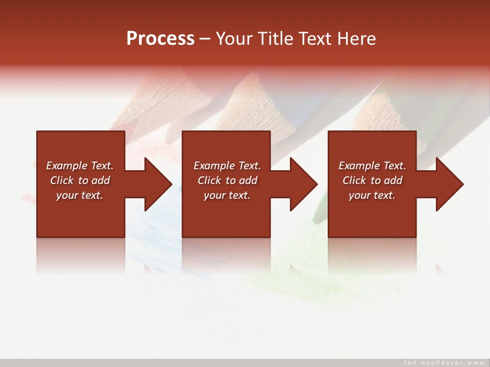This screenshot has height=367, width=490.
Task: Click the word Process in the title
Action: [160, 39]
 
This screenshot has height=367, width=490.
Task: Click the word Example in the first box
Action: [67, 166]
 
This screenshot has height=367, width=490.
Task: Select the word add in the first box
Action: [101, 180]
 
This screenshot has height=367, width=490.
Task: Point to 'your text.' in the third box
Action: [372, 195]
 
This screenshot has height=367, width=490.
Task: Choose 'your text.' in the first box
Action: [80, 195]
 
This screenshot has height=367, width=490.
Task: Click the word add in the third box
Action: [394, 180]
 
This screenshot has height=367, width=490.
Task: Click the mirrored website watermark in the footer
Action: [444, 362]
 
